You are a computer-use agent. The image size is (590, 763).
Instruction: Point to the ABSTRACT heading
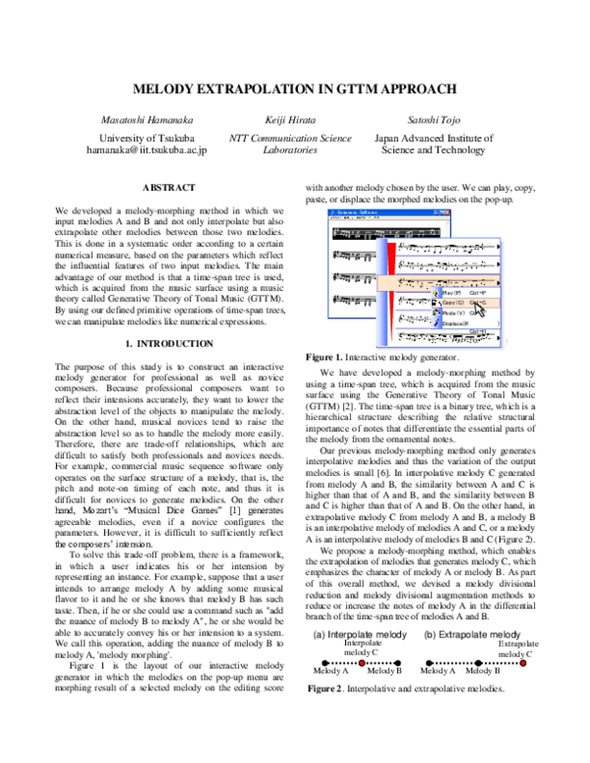pyautogui.click(x=168, y=186)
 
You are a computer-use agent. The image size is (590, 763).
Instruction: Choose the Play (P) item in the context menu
pyautogui.click(x=454, y=293)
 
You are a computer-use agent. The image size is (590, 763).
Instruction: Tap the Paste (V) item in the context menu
pyautogui.click(x=454, y=314)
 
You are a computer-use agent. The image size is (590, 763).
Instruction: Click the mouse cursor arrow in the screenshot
pyautogui.click(x=473, y=307)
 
